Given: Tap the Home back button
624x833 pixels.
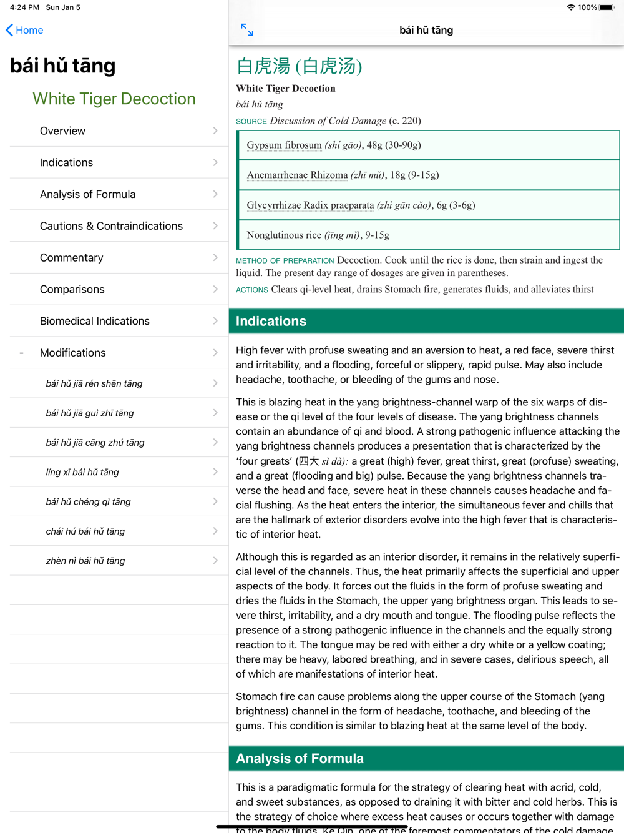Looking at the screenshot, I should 24,30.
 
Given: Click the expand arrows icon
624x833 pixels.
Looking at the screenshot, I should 247,29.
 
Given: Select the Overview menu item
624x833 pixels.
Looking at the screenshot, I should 62,131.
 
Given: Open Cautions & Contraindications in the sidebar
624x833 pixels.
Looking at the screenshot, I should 111,226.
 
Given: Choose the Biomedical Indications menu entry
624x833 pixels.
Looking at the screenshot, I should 95,321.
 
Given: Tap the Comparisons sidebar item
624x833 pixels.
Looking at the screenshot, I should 72,290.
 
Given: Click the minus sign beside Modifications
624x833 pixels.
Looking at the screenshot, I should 21,353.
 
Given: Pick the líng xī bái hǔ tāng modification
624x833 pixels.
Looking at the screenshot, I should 82,472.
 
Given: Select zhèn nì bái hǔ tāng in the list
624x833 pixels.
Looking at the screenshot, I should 85,561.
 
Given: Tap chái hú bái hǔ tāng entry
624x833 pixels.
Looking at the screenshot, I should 85,531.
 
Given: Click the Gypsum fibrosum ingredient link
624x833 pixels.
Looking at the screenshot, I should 284,145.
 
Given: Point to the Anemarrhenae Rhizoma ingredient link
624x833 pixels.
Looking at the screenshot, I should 297,175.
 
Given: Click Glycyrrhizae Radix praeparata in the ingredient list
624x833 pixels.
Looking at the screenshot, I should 310,205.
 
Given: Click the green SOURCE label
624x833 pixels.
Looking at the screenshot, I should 251,121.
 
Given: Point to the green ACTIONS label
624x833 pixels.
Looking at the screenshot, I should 252,290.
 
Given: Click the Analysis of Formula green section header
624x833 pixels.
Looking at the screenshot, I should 300,759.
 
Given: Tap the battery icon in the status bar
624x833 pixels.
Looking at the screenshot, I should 607,7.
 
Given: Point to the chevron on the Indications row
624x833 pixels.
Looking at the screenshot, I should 215,163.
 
